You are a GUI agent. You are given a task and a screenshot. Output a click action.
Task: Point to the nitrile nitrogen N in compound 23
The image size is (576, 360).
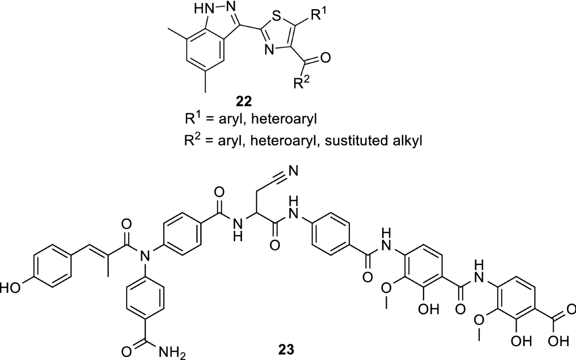tap(294, 170)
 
